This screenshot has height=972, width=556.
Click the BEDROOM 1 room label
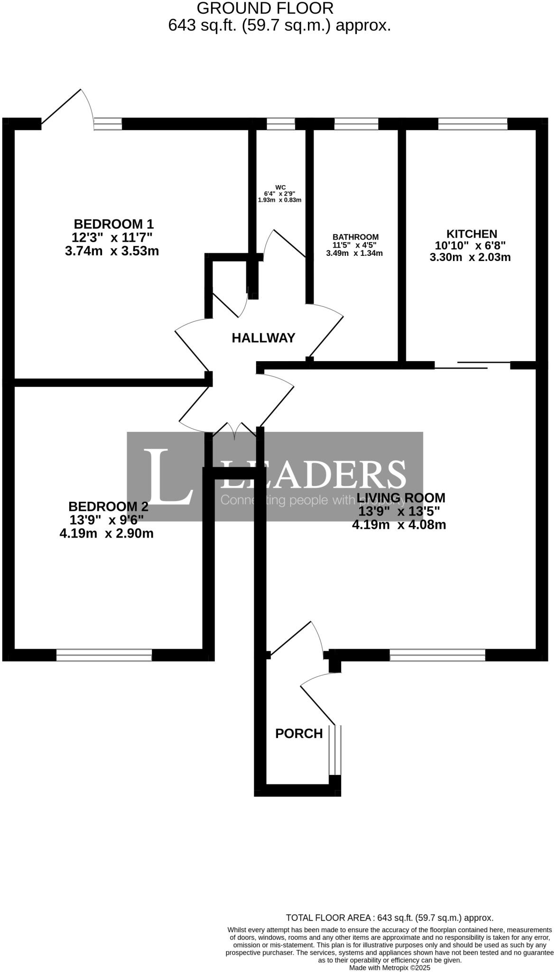[113, 224]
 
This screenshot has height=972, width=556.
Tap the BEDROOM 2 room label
[108, 506]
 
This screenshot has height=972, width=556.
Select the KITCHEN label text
[471, 234]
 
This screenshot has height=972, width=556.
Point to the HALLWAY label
[263, 338]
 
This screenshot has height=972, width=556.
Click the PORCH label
[299, 734]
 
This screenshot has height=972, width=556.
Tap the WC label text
[280, 187]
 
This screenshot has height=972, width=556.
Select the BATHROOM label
[355, 237]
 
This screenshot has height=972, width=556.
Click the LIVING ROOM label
[401, 498]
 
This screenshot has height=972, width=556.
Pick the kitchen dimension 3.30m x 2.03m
[470, 258]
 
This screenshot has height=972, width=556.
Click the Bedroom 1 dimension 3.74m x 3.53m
[112, 251]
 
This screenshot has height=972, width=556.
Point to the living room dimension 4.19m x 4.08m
[399, 525]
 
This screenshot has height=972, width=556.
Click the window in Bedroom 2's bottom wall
[104, 655]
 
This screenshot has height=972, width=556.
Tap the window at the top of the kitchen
[473, 124]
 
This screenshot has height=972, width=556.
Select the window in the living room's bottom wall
[437, 655]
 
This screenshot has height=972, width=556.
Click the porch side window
[335, 750]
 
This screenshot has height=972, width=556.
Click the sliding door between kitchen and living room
[473, 365]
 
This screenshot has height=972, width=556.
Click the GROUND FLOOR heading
[265, 8]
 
